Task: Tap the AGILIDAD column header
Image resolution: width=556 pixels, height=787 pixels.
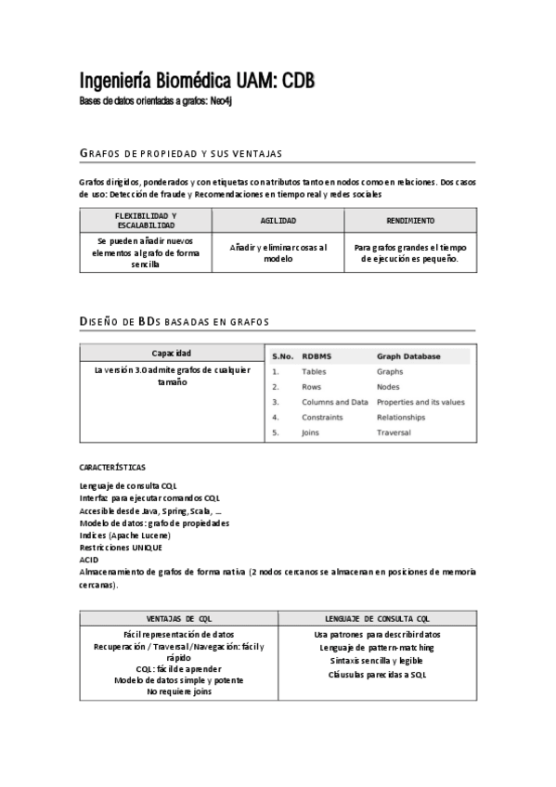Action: click(278, 221)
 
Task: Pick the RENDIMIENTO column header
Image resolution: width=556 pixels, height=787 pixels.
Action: click(409, 221)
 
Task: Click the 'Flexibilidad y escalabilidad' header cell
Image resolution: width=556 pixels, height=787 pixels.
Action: click(145, 220)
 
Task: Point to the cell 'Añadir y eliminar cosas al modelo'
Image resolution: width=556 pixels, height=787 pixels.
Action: click(278, 253)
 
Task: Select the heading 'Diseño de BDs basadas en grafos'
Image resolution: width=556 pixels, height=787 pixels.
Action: click(175, 322)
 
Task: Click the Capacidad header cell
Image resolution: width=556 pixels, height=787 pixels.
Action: click(172, 354)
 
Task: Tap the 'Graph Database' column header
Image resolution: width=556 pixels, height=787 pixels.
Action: click(408, 355)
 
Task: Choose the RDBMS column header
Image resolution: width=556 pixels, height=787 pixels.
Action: click(317, 355)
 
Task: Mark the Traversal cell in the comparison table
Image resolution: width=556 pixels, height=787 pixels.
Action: click(394, 432)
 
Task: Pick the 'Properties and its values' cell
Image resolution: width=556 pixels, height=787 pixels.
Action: click(420, 402)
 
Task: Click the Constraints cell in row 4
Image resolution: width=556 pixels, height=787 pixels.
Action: click(321, 418)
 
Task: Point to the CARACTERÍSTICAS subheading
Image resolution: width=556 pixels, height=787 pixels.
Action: click(112, 467)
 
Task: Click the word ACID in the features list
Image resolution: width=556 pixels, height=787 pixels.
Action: click(88, 560)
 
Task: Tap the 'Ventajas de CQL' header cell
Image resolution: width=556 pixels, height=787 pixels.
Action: click(178, 618)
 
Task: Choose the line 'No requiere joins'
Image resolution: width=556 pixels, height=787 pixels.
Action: click(178, 691)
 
